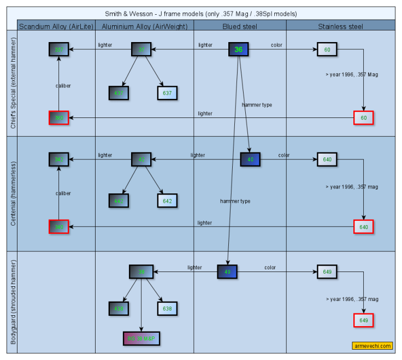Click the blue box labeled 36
pyautogui.click(x=238, y=50)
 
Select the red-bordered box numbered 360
pyautogui.click(x=58, y=117)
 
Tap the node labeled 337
pyautogui.click(x=58, y=50)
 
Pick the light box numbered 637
pyautogui.click(x=167, y=93)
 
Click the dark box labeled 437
pyautogui.click(x=119, y=93)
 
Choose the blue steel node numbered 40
pyautogui.click(x=250, y=160)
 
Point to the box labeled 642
pyautogui.click(x=167, y=200)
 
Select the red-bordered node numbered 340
pyautogui.click(x=58, y=227)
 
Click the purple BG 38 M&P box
pyautogui.click(x=142, y=339)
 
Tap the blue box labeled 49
pyautogui.click(x=227, y=272)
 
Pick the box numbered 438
pyautogui.click(x=119, y=309)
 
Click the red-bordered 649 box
pyautogui.click(x=363, y=320)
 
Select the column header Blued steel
pyautogui.click(x=240, y=26)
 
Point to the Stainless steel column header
pyautogui.click(x=340, y=26)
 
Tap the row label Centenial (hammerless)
pyautogui.click(x=13, y=194)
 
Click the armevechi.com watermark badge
pyautogui.click(x=372, y=346)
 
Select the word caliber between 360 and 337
pyautogui.click(x=63, y=86)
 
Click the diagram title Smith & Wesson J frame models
pyautogui.click(x=202, y=14)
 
